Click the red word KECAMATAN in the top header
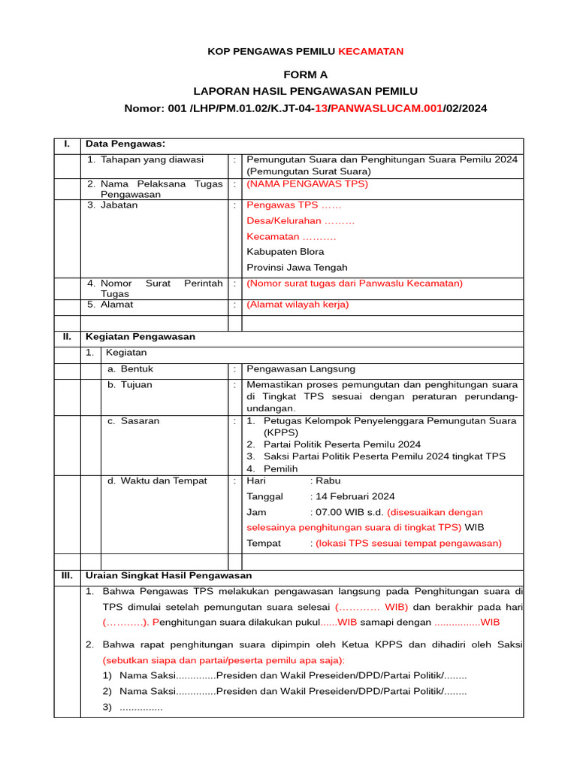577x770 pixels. (x=370, y=51)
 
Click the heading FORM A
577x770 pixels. (x=305, y=74)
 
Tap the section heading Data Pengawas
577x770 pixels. (x=125, y=144)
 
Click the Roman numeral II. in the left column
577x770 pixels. (x=67, y=337)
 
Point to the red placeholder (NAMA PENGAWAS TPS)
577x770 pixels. (x=307, y=183)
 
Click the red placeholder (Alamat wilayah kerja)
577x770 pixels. (x=298, y=305)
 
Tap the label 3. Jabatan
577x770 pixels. (x=112, y=205)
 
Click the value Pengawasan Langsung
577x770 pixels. (x=301, y=369)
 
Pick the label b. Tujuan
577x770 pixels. (x=129, y=384)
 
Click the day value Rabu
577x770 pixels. (x=328, y=480)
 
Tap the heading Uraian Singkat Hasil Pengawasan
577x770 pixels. (x=159, y=575)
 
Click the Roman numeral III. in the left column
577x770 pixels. (x=67, y=575)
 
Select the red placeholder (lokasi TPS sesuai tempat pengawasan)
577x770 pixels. (x=408, y=543)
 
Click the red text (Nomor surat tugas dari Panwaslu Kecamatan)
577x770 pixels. (x=355, y=283)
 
